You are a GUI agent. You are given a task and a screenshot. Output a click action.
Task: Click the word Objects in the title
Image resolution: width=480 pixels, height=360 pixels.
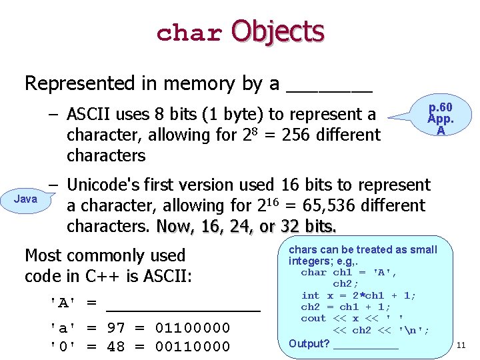click(277, 31)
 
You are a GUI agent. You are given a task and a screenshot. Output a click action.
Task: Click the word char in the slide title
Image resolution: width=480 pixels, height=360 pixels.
click(189, 33)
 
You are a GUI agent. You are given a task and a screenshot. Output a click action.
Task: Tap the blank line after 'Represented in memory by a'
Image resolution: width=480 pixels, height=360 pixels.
click(329, 89)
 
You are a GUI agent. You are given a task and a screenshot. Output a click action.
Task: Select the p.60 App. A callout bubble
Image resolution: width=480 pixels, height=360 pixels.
click(441, 119)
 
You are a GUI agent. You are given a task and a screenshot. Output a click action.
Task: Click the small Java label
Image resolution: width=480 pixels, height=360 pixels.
click(26, 199)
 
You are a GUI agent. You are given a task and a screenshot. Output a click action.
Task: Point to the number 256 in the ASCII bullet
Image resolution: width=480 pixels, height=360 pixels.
click(298, 135)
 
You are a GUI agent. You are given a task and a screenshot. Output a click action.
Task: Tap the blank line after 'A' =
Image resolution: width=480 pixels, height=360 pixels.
click(183, 308)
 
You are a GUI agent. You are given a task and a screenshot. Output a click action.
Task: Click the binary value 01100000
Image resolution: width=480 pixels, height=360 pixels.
click(193, 328)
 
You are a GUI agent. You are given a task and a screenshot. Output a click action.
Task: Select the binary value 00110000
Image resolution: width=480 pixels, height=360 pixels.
click(193, 347)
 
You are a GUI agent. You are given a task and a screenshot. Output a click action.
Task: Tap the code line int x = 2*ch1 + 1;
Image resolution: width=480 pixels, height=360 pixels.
click(359, 295)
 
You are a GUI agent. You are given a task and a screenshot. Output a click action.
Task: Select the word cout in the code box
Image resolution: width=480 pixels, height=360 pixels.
click(313, 319)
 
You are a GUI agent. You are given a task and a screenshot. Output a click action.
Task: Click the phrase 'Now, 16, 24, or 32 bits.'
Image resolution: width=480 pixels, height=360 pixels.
click(246, 227)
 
